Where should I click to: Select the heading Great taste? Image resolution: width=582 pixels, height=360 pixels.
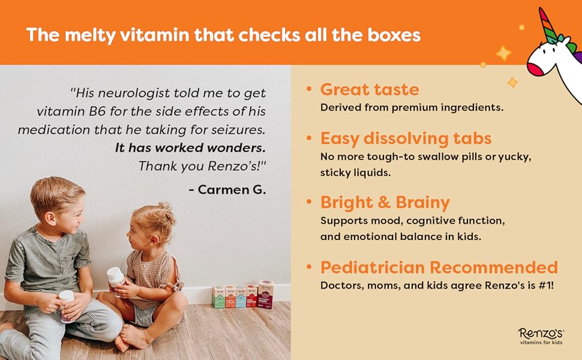click(x=370, y=89)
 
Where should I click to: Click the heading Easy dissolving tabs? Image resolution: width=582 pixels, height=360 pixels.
click(x=406, y=139)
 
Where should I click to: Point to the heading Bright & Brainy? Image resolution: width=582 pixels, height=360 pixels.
click(x=385, y=202)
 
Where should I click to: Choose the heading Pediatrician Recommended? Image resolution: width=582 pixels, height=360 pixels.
click(x=439, y=267)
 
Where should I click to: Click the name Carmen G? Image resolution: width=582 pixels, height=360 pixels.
click(x=227, y=190)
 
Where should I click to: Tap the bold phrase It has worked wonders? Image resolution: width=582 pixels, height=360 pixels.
click(x=190, y=148)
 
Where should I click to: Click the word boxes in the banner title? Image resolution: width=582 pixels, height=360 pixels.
click(x=391, y=34)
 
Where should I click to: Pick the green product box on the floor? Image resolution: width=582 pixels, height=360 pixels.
click(x=218, y=296)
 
